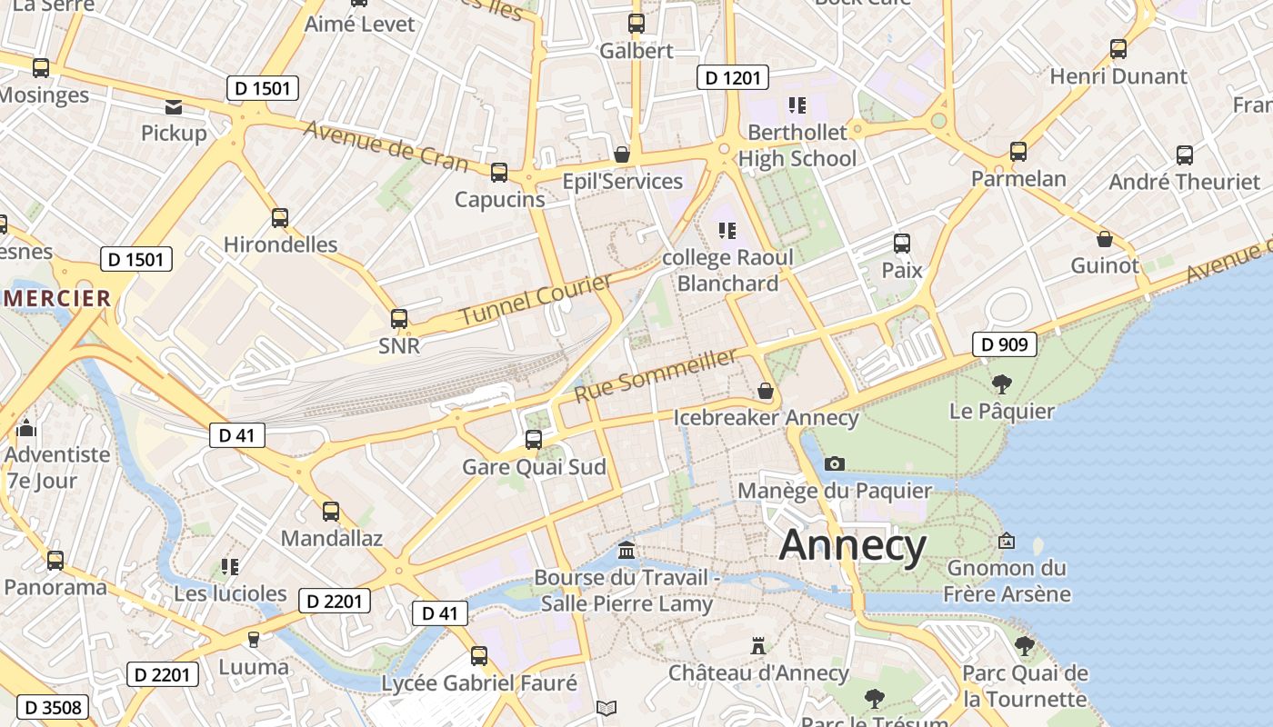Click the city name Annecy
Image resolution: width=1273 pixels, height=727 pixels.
pyautogui.click(x=852, y=545)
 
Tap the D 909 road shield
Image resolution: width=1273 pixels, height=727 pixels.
pyautogui.click(x=1005, y=344)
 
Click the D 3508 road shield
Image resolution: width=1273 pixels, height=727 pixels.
pyautogui.click(x=53, y=707)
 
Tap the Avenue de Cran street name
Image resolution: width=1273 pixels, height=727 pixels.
pyautogui.click(x=386, y=146)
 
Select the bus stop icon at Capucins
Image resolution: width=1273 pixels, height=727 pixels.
pyautogui.click(x=498, y=173)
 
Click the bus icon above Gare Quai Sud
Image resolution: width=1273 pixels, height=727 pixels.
pyautogui.click(x=534, y=440)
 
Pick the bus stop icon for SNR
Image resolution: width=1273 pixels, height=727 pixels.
pyautogui.click(x=399, y=319)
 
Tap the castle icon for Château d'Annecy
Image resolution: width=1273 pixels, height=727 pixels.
pyautogui.click(x=757, y=646)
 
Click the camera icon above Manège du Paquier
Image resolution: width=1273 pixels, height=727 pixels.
pyautogui.click(x=834, y=463)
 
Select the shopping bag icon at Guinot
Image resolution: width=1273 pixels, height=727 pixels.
pyautogui.click(x=1104, y=239)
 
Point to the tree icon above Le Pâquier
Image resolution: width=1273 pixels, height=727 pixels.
pyautogui.click(x=1001, y=383)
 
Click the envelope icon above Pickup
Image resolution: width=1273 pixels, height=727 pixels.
pyautogui.click(x=174, y=107)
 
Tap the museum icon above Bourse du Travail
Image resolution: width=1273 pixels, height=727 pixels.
pyautogui.click(x=626, y=551)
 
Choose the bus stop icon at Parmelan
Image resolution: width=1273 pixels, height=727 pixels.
pyautogui.click(x=1018, y=152)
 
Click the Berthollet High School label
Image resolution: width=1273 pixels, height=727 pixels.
pyautogui.click(x=797, y=145)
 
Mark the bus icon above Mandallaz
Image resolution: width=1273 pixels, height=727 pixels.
pyautogui.click(x=331, y=512)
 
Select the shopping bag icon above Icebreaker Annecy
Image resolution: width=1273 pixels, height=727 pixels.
pyautogui.click(x=766, y=391)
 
